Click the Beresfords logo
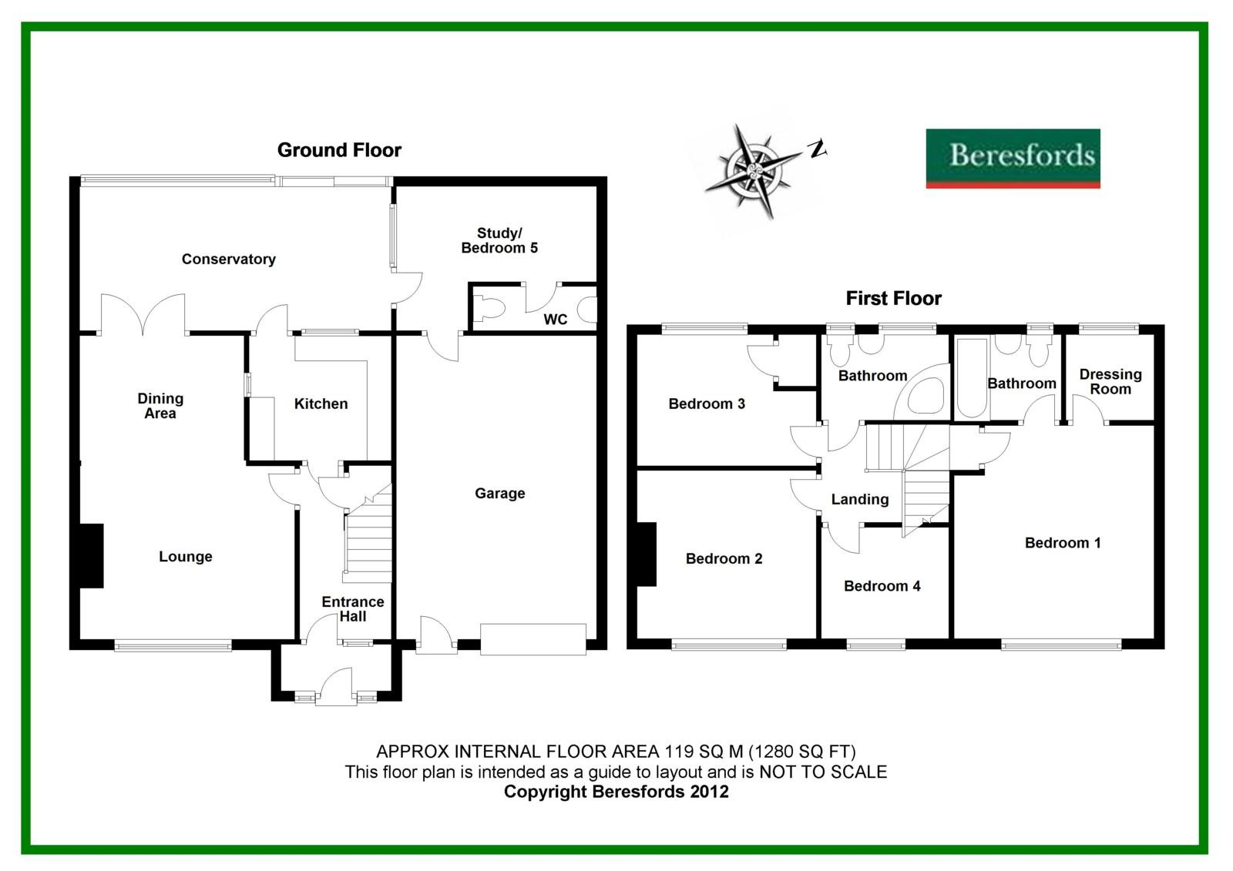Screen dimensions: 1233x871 [1013, 158]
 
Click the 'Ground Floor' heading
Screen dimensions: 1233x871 [339, 150]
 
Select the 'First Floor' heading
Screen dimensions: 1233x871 [893, 298]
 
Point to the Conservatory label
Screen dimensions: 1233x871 [228, 260]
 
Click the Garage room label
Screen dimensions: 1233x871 [499, 494]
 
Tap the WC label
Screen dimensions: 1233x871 [555, 320]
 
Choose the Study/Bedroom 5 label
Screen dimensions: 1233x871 [499, 240]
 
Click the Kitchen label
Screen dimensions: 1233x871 [321, 404]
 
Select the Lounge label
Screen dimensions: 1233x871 [185, 557]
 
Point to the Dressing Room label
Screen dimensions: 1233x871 [1110, 381]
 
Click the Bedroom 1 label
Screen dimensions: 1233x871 [1063, 543]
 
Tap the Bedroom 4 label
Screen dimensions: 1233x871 [882, 586]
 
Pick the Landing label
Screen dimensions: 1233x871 [859, 499]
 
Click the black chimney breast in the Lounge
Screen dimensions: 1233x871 [91, 556]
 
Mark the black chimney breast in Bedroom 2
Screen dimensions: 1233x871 [646, 554]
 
